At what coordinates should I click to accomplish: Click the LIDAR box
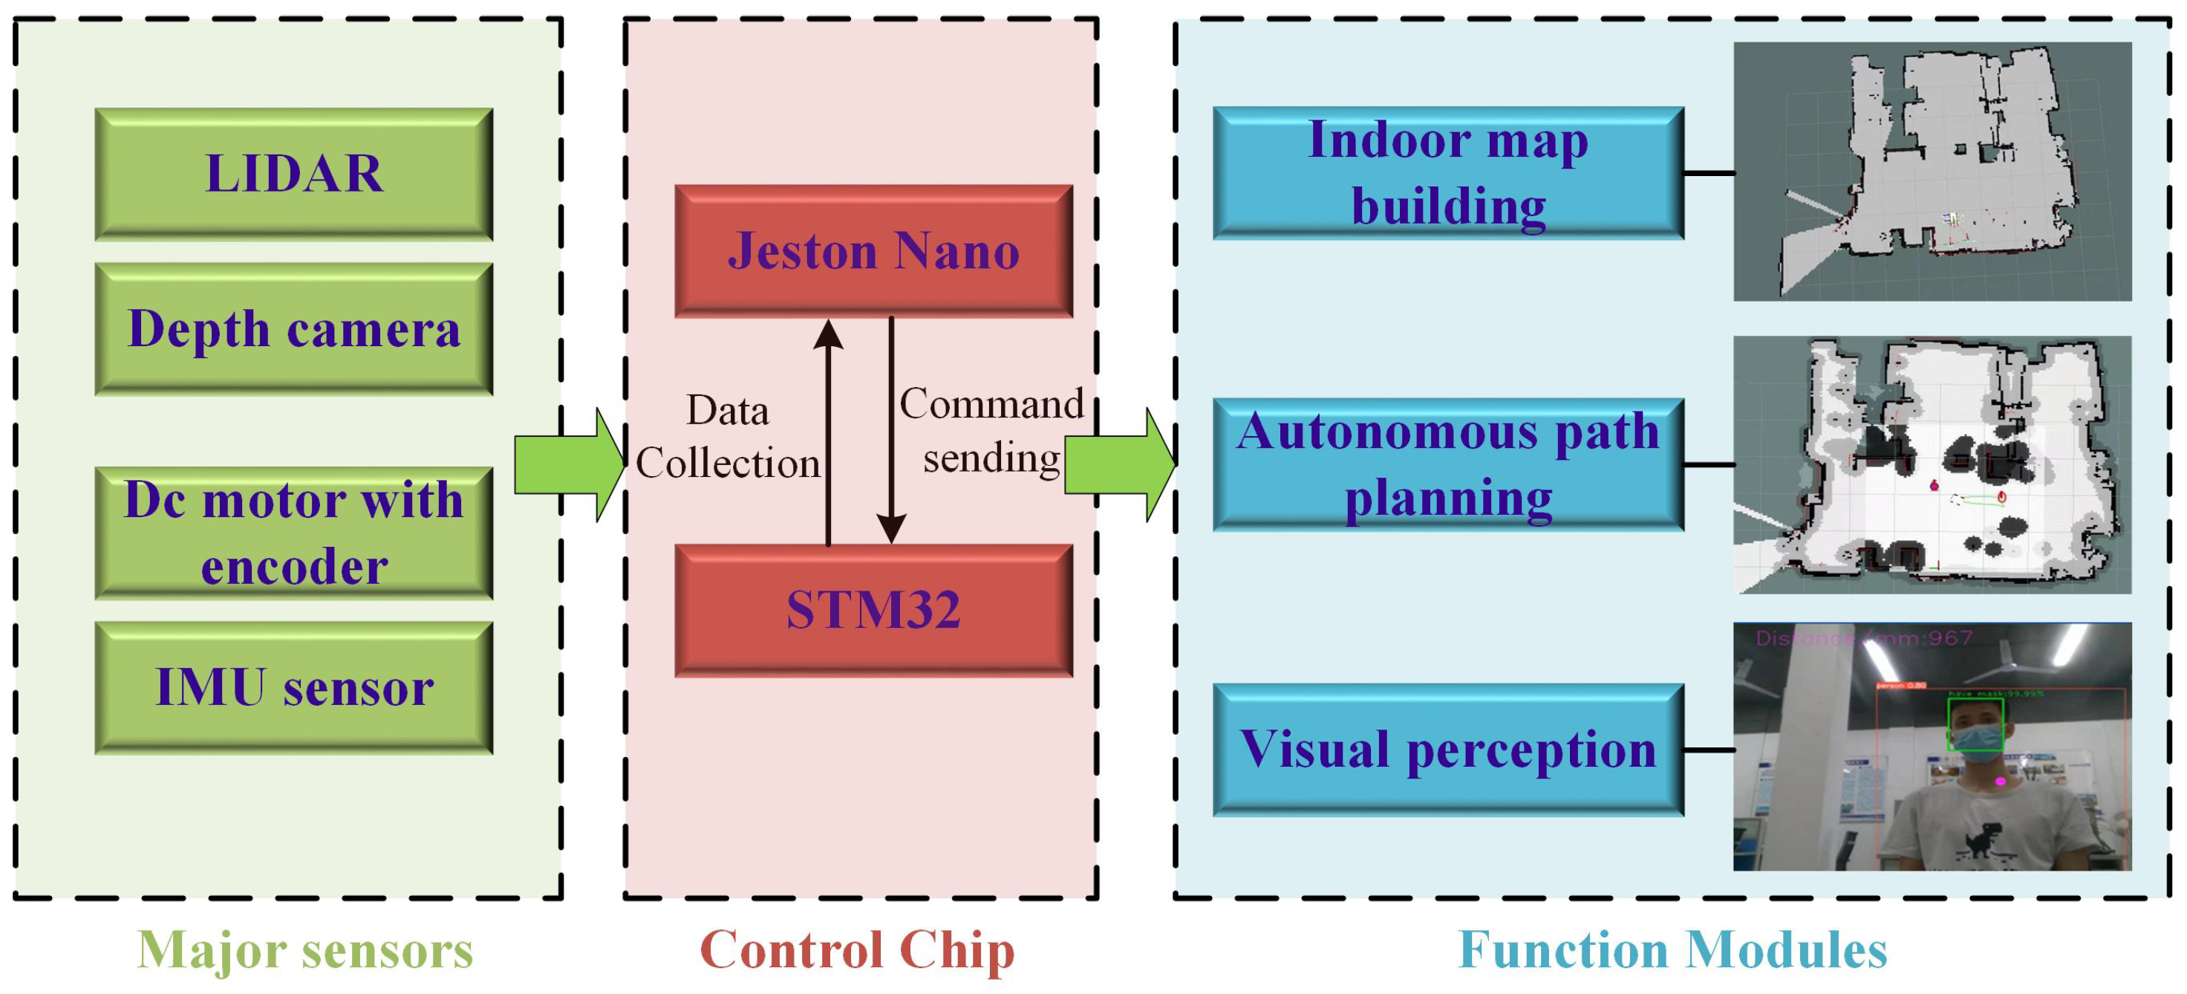(294, 174)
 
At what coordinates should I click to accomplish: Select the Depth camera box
(294, 329)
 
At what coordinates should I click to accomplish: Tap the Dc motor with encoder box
(294, 533)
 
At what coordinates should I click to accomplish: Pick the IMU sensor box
(294, 687)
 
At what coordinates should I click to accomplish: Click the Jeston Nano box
(873, 252)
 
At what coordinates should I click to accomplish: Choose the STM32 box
(873, 610)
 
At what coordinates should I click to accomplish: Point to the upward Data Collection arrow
(829, 433)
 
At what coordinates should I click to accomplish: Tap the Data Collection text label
(728, 437)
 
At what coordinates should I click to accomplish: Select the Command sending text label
(991, 431)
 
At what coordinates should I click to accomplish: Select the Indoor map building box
(1447, 173)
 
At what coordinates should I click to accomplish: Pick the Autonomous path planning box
(1447, 465)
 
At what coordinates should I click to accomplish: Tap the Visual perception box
(1447, 750)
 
